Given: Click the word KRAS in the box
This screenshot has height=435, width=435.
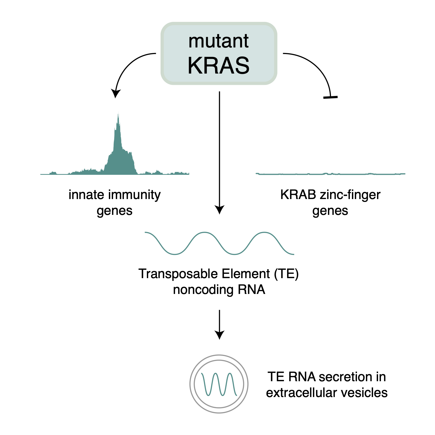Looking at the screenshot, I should (x=219, y=65).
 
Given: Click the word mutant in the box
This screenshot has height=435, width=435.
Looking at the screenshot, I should (x=219, y=41).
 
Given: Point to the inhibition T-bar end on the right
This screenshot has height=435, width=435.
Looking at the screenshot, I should (x=330, y=97).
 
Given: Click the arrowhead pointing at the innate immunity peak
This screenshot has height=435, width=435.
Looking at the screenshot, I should (x=115, y=93).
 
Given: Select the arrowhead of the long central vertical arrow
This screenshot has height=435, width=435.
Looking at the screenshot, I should (x=219, y=210).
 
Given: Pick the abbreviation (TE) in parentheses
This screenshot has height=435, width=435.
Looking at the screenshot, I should (x=286, y=274).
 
